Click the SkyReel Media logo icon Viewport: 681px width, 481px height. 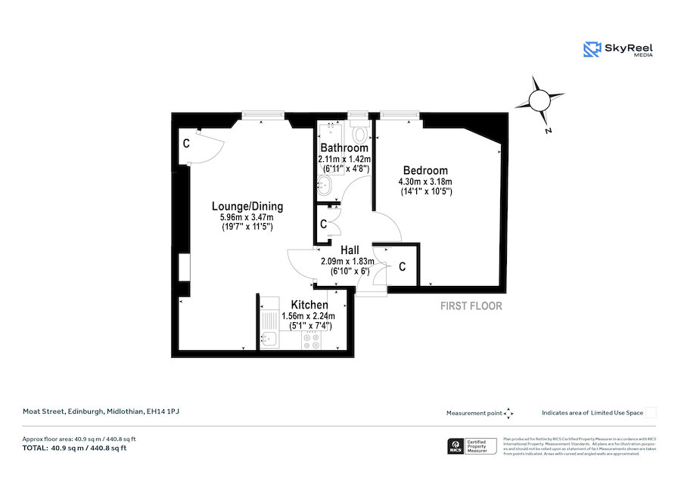pyautogui.click(x=592, y=49)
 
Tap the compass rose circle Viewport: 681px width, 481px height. pyautogui.click(x=540, y=101)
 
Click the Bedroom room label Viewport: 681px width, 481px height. pyautogui.click(x=424, y=171)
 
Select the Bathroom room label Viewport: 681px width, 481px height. pyautogui.click(x=344, y=148)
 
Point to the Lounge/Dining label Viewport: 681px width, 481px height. pyautogui.click(x=247, y=206)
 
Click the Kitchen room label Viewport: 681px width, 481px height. pyautogui.click(x=309, y=305)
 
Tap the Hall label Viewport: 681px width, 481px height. pyautogui.click(x=349, y=250)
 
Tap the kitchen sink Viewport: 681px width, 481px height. pyautogui.click(x=269, y=340)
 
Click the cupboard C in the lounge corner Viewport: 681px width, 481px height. pyautogui.click(x=185, y=142)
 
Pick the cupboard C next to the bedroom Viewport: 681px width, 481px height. pyautogui.click(x=402, y=267)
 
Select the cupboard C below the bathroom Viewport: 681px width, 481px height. pyautogui.click(x=323, y=225)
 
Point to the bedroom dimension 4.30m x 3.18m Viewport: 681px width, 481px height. pyautogui.click(x=424, y=182)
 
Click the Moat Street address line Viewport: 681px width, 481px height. pyautogui.click(x=101, y=411)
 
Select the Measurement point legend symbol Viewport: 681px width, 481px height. pyautogui.click(x=508, y=413)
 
